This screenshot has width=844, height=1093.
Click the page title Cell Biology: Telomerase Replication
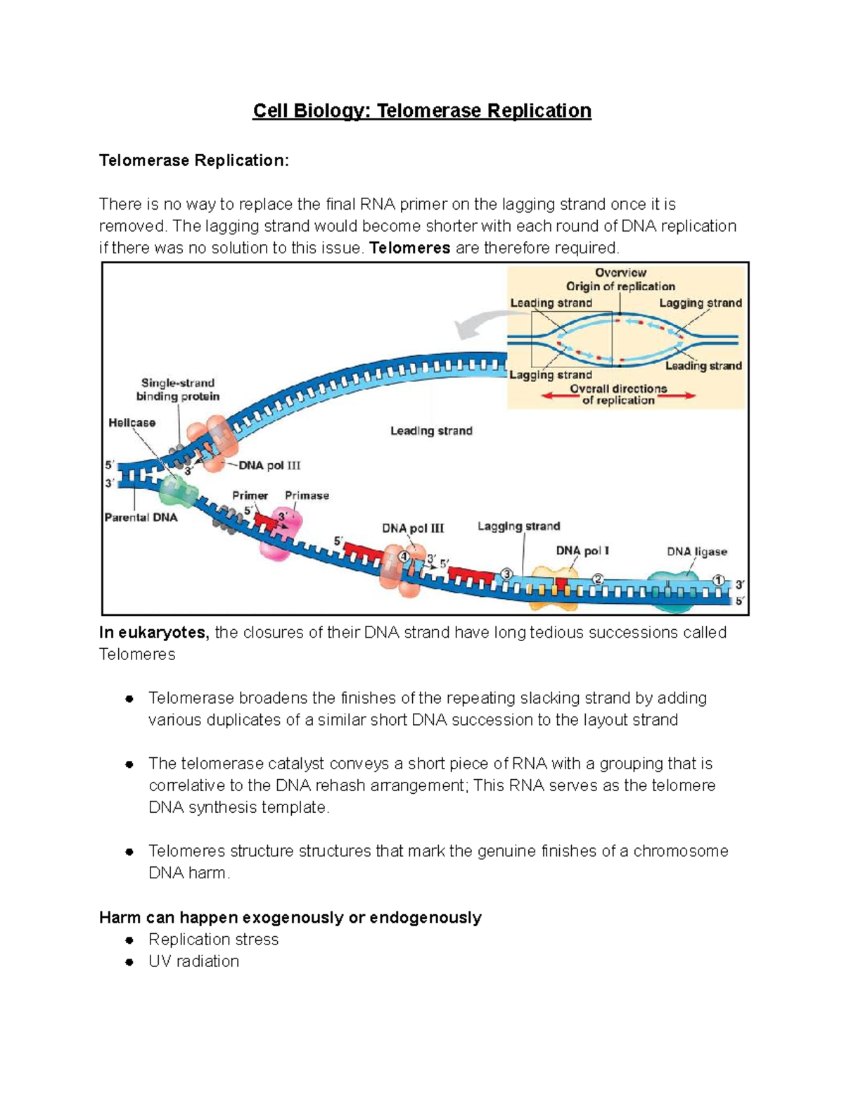(x=422, y=111)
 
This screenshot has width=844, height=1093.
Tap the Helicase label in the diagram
(x=132, y=423)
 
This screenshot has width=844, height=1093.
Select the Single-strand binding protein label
(x=178, y=390)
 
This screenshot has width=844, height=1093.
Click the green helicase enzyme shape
(x=178, y=491)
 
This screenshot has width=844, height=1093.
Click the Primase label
(x=307, y=495)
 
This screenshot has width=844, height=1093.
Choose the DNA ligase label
(x=696, y=552)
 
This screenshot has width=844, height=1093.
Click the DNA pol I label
(x=582, y=550)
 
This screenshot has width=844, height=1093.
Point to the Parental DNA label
(x=141, y=517)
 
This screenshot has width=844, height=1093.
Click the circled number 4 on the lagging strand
(x=404, y=556)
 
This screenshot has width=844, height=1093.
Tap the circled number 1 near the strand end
(x=718, y=581)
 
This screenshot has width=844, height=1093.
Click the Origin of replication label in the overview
(x=620, y=286)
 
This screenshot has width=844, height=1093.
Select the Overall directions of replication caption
(x=618, y=394)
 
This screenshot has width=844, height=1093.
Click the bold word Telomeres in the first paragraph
(x=409, y=248)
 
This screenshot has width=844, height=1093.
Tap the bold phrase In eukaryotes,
(x=154, y=633)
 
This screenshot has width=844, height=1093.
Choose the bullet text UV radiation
(x=193, y=961)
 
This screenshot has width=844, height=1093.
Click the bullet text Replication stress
(x=213, y=940)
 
